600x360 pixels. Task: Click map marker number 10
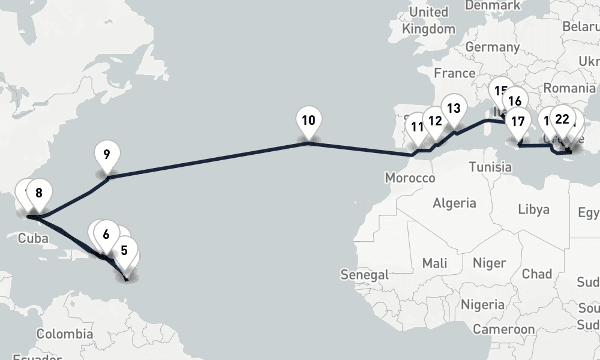coord(308,120)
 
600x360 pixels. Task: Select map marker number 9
coord(106,154)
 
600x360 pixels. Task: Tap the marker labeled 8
coord(38,193)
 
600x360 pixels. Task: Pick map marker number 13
coord(454,109)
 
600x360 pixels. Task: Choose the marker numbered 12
coord(435,121)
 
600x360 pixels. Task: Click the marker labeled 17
coord(517,121)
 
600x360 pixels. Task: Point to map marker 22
coord(562,119)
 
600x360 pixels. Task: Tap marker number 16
coord(514,101)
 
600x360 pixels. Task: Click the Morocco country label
coord(410,178)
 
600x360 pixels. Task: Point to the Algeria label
coord(454,203)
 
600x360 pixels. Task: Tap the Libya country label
coord(533,210)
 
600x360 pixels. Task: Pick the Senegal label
coord(365,275)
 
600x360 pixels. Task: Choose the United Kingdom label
coord(428,20)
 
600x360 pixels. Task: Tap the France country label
coord(454,73)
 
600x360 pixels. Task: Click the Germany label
coord(492,47)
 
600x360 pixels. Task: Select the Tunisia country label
coord(490,166)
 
